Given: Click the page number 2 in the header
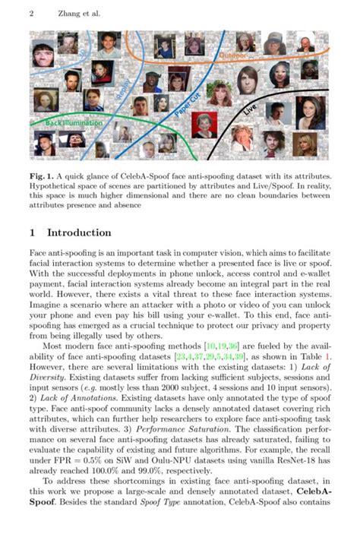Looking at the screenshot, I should [x=31, y=14].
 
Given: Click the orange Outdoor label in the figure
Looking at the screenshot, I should [x=234, y=56].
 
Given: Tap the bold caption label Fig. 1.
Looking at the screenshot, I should [x=43, y=176].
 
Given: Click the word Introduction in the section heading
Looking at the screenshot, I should [x=79, y=232].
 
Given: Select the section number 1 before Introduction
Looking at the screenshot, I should [x=33, y=232].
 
